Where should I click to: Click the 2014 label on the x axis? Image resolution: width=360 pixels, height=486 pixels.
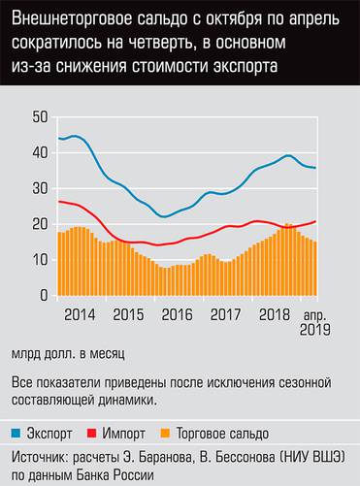(80, 315)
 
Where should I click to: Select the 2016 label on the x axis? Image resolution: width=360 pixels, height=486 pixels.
(177, 315)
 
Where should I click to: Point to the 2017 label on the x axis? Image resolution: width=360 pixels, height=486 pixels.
(225, 315)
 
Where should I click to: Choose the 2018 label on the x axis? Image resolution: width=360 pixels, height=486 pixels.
(275, 315)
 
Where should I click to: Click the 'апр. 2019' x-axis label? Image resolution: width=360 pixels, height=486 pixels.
(315, 322)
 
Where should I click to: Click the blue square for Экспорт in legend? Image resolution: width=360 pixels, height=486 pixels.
(17, 434)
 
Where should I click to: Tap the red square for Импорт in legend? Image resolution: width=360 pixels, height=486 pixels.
(94, 434)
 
